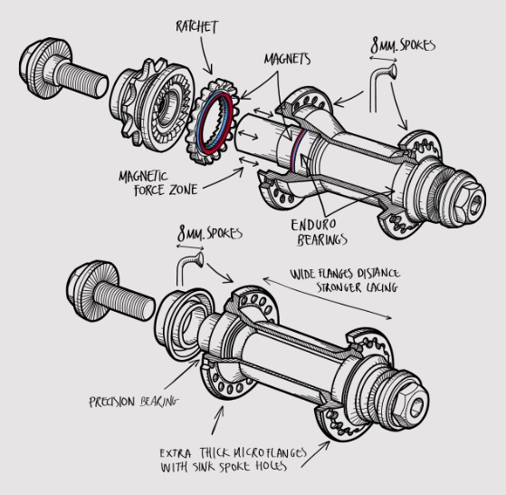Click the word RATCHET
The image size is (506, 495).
[196, 26]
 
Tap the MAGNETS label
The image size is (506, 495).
[287, 59]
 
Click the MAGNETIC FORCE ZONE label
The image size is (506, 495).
[158, 183]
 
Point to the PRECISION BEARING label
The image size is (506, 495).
[134, 402]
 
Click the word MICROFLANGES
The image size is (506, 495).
[269, 453]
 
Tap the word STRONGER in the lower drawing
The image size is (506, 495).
[339, 287]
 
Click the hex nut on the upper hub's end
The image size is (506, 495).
[472, 202]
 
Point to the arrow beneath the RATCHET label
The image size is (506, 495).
[205, 55]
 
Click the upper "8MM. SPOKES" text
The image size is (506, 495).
[403, 45]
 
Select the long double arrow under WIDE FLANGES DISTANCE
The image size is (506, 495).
[327, 298]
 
